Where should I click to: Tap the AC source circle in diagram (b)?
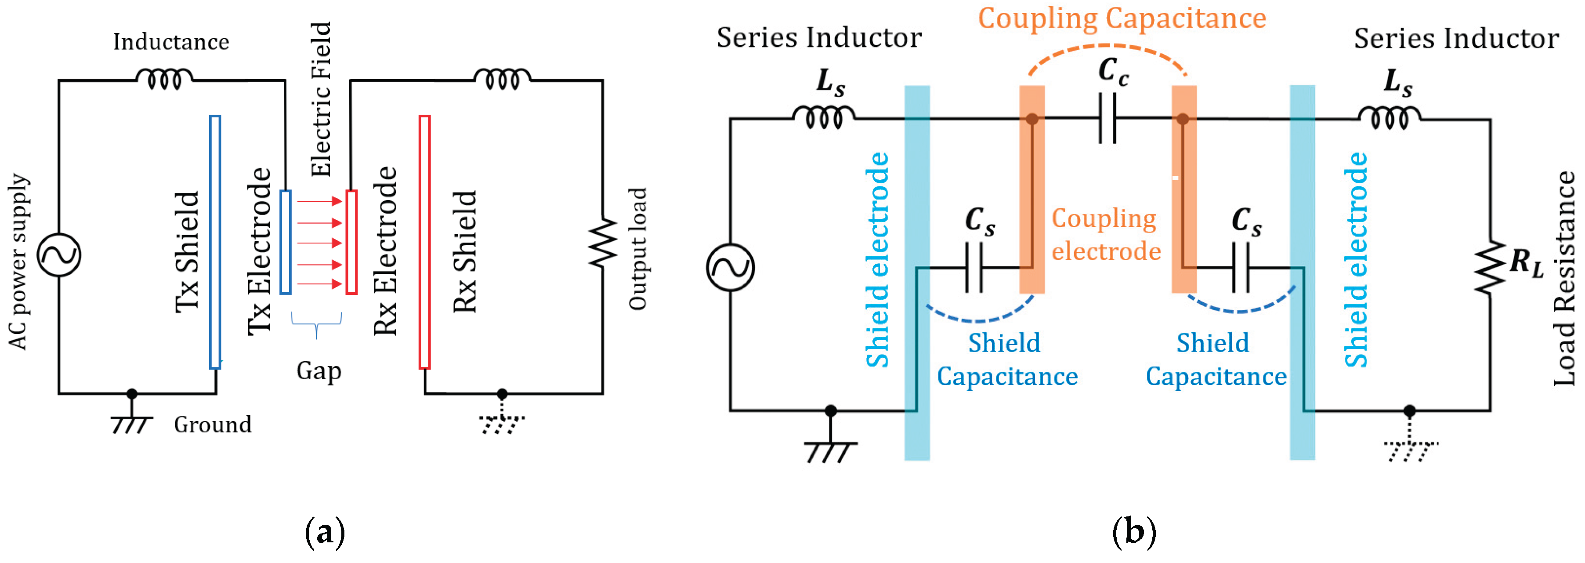point(731,268)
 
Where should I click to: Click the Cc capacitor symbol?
point(1107,118)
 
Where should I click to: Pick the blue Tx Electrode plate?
point(286,242)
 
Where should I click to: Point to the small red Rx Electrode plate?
point(351,242)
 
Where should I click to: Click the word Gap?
point(319,371)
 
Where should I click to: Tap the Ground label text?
point(213,425)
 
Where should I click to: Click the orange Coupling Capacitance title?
point(1122,18)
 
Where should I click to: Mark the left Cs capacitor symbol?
point(974,268)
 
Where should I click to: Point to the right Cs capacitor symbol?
point(1241,268)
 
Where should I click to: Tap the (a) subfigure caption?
point(325,532)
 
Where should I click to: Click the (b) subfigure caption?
point(1134,532)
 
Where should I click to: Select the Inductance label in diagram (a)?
point(171,42)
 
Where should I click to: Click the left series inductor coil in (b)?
point(824,116)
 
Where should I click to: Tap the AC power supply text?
point(18,262)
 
